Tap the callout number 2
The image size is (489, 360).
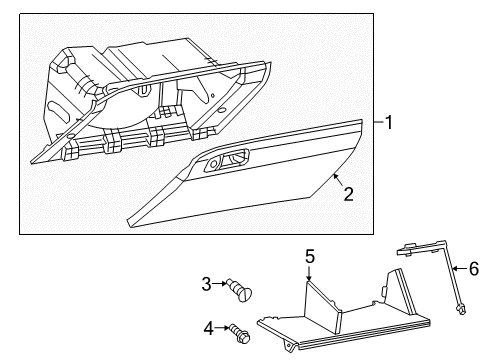point(347,194)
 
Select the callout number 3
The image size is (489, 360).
point(207,284)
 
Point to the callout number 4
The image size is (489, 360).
point(208,327)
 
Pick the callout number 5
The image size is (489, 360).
point(310,258)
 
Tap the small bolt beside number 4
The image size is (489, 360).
point(238,329)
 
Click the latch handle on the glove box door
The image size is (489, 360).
point(229,158)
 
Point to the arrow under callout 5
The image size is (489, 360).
point(310,276)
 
